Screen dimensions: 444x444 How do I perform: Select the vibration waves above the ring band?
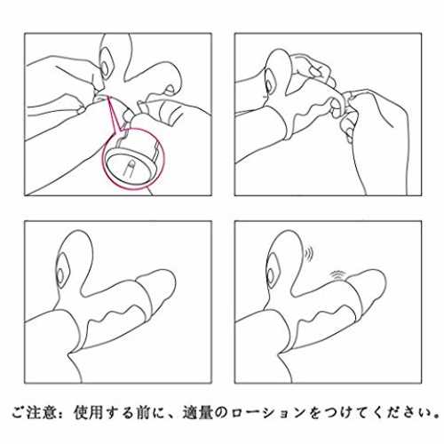(337, 275)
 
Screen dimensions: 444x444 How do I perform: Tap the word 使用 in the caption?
(88, 412)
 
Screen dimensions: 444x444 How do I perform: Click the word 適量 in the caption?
(197, 412)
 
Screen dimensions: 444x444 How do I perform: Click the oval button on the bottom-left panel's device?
(60, 276)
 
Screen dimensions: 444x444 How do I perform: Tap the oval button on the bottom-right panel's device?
(271, 276)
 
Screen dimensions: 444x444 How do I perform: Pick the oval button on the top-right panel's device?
(269, 85)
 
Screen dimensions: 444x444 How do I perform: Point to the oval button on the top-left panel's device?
(105, 68)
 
